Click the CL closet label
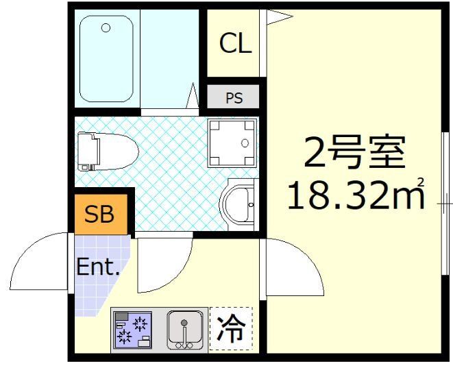click(235, 45)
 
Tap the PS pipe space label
click(234, 98)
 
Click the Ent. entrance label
click(98, 267)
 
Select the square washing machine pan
click(233, 143)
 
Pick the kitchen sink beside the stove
click(184, 329)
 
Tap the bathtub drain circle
click(106, 28)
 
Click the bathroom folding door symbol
click(192, 97)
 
